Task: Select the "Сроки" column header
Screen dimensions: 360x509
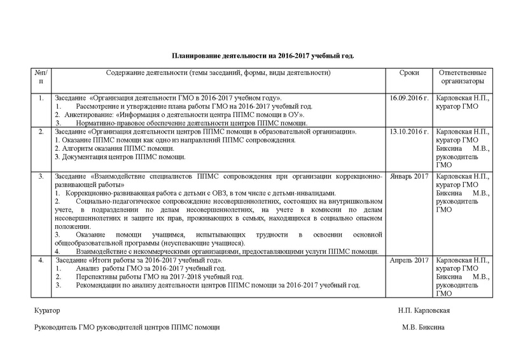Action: (409, 73)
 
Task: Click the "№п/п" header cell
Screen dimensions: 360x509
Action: (40, 78)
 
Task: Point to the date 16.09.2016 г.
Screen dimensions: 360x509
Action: (408, 99)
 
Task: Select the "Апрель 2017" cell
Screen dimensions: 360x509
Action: (408, 261)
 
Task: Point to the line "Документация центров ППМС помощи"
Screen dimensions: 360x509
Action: (111, 156)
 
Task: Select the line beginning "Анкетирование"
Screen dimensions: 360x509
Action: (165, 114)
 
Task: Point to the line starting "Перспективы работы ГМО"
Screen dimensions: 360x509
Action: (160, 277)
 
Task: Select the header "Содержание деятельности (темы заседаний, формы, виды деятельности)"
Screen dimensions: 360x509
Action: (218, 73)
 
